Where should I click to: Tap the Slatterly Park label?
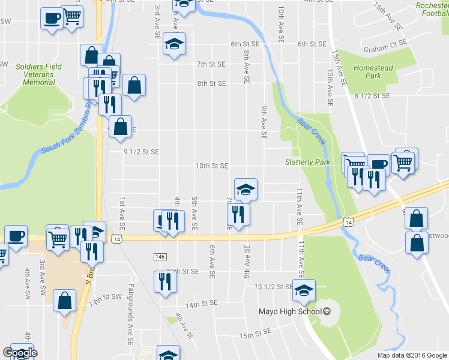point(307,163)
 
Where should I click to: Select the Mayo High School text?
point(291,311)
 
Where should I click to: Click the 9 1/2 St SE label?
point(141,152)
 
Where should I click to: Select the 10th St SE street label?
point(212,166)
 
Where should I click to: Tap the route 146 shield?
point(160,257)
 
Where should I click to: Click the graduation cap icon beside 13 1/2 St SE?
point(304,290)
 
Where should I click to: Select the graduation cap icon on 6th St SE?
point(174,44)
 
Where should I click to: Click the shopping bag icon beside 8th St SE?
point(134,85)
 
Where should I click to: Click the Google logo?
point(19,353)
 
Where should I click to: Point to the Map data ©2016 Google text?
point(412,355)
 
